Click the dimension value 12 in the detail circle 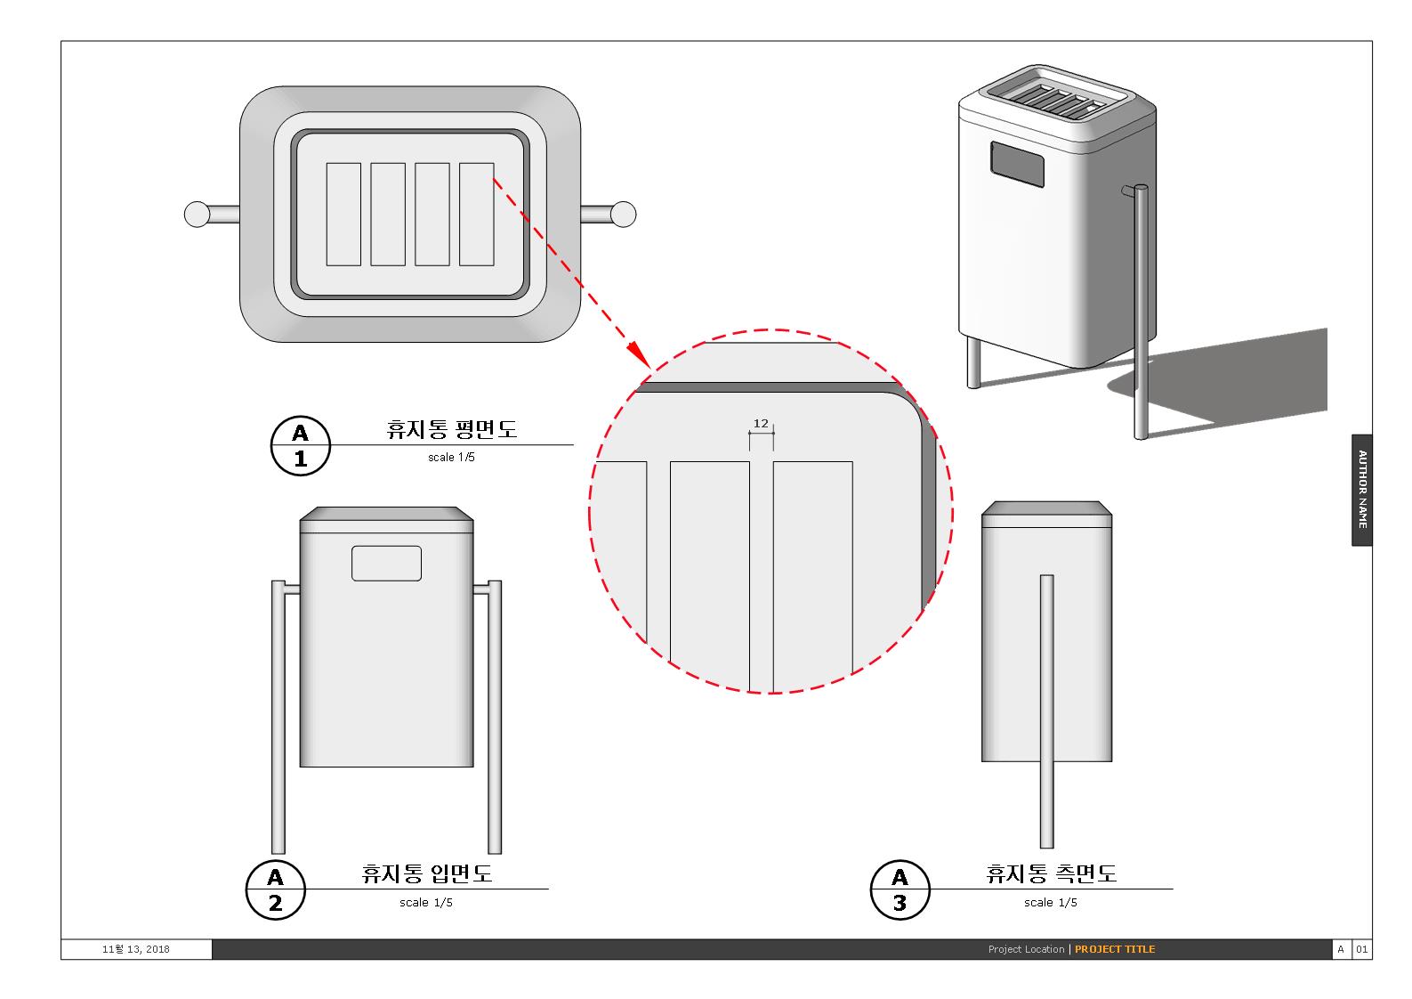click(761, 424)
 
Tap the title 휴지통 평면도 click(452, 429)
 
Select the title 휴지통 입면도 click(427, 873)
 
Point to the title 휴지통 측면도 click(1052, 873)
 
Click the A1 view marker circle click(301, 445)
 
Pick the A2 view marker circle click(276, 889)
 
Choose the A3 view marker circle click(900, 889)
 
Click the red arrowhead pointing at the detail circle click(638, 353)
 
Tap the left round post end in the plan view click(197, 215)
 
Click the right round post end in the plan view click(624, 215)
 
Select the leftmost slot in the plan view click(343, 215)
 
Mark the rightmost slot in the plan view click(477, 215)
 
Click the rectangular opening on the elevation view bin click(386, 564)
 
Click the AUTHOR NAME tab click(1361, 490)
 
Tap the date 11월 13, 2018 click(136, 949)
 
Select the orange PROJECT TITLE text click(1115, 949)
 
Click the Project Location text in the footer click(1026, 949)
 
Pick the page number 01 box click(1362, 949)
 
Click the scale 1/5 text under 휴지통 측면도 click(1051, 903)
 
